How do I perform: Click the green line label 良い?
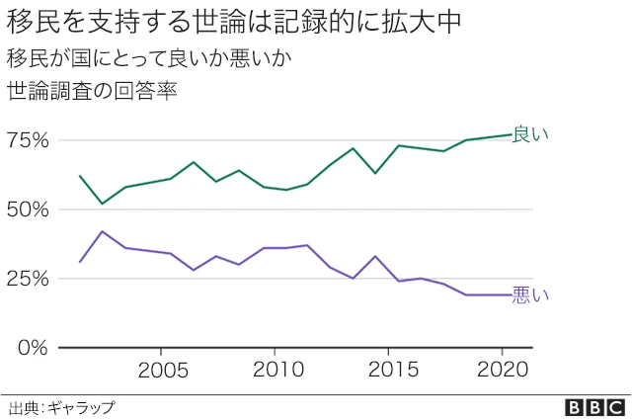(530, 134)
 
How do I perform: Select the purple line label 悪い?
(530, 295)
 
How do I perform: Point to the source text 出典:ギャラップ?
(61, 407)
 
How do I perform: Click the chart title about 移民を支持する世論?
(236, 21)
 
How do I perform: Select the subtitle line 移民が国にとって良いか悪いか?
(148, 57)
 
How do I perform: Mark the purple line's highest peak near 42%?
(103, 231)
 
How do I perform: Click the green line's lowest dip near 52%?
(103, 204)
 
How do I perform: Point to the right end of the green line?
(510, 134)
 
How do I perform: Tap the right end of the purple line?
(510, 294)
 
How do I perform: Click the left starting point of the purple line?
(80, 262)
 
